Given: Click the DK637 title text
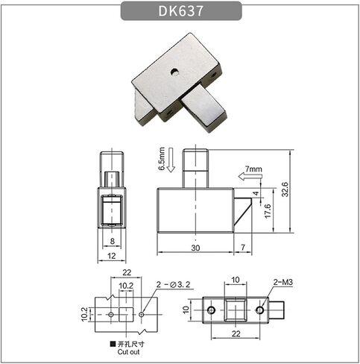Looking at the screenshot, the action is tap(181, 11).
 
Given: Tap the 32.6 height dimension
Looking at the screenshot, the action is tap(285, 189).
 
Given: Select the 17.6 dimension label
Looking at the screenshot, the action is tap(268, 211).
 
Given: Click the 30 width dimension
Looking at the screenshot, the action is tap(195, 248).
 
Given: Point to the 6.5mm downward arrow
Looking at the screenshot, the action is tap(171, 160).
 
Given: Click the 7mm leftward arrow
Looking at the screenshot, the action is tap(250, 176).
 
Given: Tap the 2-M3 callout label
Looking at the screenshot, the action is tap(283, 282).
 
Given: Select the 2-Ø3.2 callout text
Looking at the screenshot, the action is tap(173, 284).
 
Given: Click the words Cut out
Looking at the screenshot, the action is tap(128, 352).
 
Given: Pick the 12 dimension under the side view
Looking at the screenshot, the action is tap(112, 256).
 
